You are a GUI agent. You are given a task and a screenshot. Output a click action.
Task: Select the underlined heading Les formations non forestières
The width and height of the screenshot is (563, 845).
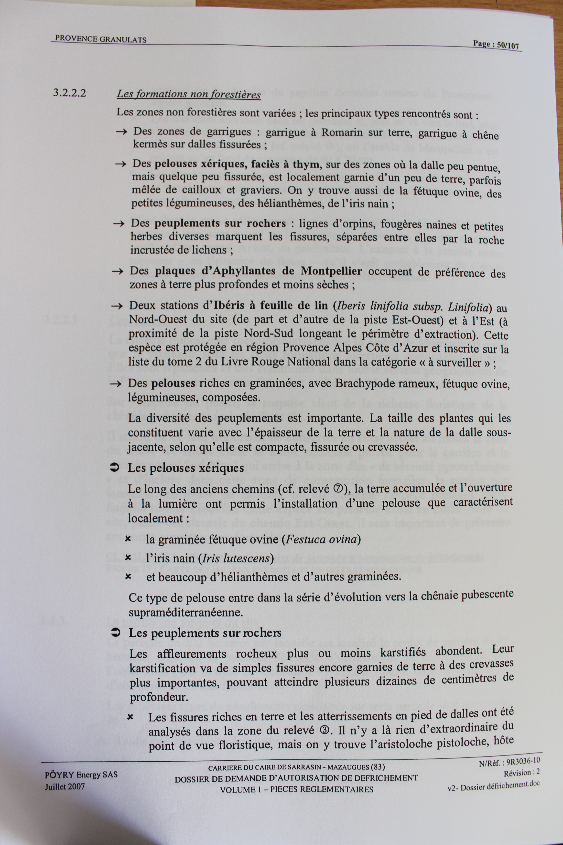[x=188, y=94]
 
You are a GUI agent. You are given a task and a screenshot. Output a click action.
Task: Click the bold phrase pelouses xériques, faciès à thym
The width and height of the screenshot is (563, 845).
[x=237, y=165]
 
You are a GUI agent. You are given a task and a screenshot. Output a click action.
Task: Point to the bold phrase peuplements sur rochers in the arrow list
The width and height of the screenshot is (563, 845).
[x=220, y=223]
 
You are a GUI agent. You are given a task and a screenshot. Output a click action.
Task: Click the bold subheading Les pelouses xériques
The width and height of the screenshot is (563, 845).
[x=186, y=468]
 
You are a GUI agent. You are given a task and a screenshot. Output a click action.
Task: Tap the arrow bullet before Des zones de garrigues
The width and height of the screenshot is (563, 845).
[x=122, y=132]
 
